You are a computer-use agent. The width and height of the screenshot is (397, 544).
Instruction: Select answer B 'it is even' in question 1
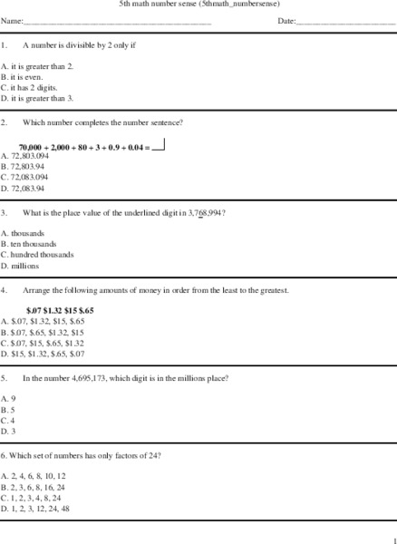(22, 77)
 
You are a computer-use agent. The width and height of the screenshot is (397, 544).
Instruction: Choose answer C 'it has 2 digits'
(29, 88)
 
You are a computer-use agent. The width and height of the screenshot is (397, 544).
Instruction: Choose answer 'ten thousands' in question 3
(33, 244)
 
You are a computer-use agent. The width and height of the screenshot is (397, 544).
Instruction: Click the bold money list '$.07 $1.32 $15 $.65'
(60, 310)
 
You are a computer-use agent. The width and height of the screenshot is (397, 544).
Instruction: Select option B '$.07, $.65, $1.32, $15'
(45, 332)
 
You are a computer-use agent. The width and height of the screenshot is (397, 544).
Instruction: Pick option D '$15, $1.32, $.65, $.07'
(45, 354)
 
